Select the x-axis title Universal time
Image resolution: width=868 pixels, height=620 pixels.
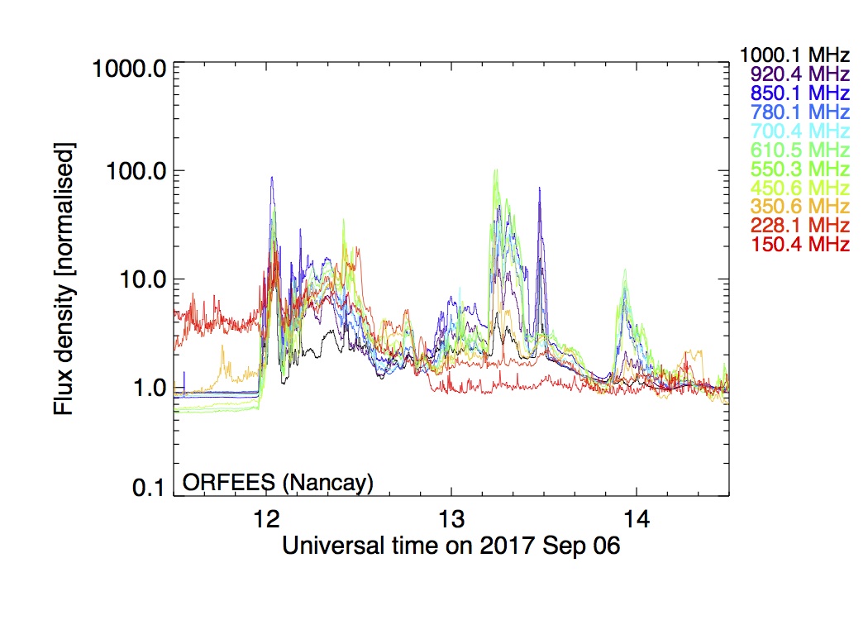click(x=451, y=546)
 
